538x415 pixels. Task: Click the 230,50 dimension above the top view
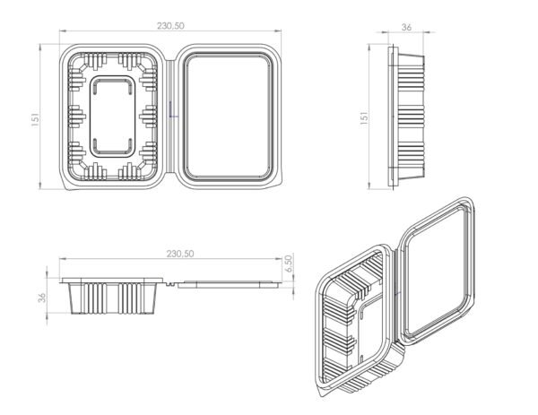170,26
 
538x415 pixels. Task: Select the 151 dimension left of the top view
35,120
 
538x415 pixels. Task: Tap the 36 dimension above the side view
406,27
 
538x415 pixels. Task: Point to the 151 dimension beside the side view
365,119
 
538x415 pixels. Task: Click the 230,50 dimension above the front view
180,254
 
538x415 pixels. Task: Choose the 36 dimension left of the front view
42,298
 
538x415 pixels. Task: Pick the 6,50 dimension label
290,264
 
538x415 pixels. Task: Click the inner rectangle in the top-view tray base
113,117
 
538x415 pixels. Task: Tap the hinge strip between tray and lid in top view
170,117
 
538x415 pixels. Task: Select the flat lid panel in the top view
227,117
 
